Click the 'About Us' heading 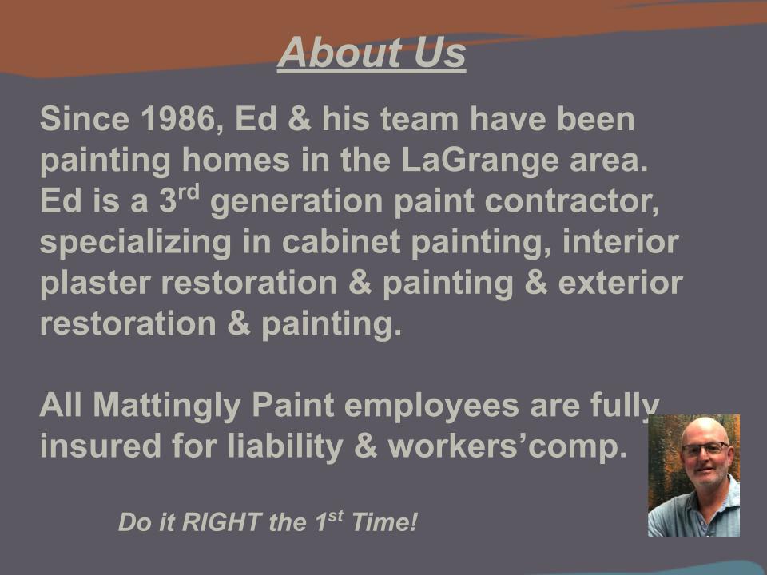tap(372, 54)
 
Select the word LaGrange tap(480, 161)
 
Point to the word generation tap(296, 202)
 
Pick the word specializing tap(136, 243)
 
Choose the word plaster tap(95, 284)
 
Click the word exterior tap(620, 283)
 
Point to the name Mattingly tap(167, 406)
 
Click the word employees tap(431, 406)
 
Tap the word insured tap(101, 446)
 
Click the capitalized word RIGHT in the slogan tap(221, 522)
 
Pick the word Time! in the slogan tap(384, 522)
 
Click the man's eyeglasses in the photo tap(705, 448)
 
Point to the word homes tap(236, 160)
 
